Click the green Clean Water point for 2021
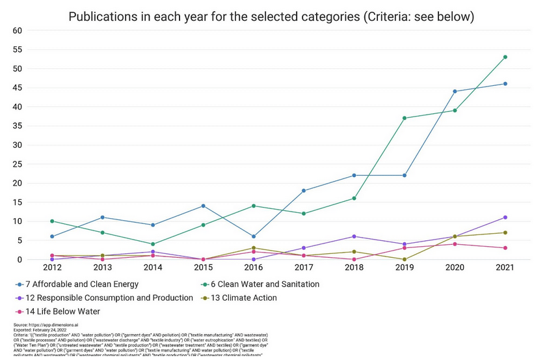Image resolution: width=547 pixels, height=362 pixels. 505,57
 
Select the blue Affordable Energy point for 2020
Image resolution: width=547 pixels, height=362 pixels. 455,91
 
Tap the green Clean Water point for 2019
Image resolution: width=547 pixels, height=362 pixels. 405,118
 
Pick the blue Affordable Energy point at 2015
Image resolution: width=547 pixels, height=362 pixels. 204,206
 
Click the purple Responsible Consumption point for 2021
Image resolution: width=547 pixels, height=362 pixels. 505,217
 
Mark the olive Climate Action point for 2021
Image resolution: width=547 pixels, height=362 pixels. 505,232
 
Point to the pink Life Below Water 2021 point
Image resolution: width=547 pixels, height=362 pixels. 505,248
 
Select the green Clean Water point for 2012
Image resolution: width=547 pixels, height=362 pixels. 52,221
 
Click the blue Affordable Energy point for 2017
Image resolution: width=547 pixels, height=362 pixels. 304,191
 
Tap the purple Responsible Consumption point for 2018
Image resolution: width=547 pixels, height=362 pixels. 354,236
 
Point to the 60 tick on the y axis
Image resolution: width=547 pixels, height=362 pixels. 17,31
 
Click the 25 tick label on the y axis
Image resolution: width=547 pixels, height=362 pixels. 17,164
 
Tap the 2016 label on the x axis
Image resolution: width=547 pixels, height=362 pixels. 254,268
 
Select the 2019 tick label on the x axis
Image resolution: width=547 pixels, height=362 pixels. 405,268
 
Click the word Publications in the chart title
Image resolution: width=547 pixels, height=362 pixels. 100,16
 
